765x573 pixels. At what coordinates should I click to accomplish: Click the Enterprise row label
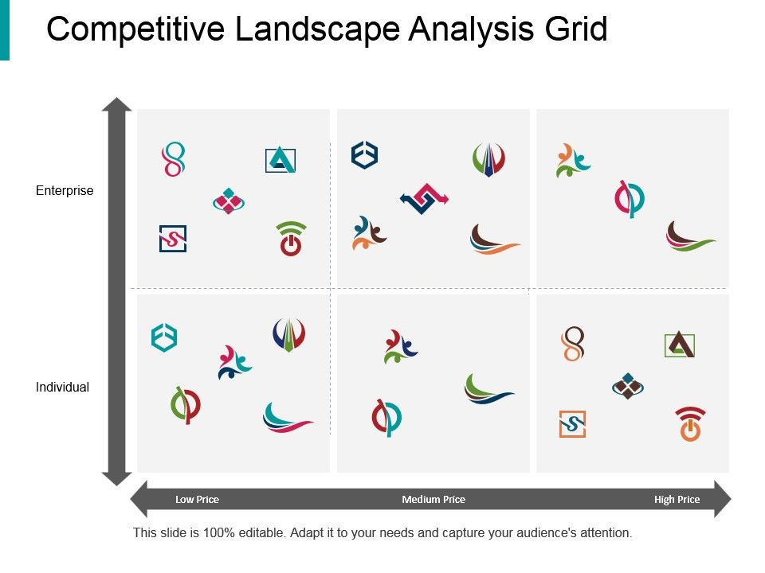(65, 190)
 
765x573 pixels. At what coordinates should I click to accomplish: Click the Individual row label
(62, 388)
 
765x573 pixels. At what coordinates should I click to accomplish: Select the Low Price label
(197, 500)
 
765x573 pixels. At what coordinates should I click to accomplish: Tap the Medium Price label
(433, 500)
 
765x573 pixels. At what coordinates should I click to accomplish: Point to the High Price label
(677, 500)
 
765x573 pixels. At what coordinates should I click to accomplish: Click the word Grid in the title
(575, 29)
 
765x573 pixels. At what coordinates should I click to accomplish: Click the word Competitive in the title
(135, 30)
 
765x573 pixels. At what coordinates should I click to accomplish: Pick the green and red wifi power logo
(291, 239)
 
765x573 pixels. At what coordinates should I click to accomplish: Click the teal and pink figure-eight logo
(174, 159)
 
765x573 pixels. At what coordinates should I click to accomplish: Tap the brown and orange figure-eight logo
(573, 344)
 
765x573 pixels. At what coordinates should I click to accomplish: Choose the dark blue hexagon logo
(364, 155)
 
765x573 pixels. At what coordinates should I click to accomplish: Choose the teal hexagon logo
(164, 337)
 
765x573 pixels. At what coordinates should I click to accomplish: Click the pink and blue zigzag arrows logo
(424, 198)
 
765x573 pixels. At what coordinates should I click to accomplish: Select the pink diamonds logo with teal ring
(229, 201)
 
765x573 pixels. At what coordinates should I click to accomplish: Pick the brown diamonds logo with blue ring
(628, 387)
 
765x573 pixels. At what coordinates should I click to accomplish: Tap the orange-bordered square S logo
(572, 424)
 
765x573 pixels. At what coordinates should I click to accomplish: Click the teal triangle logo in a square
(280, 160)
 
